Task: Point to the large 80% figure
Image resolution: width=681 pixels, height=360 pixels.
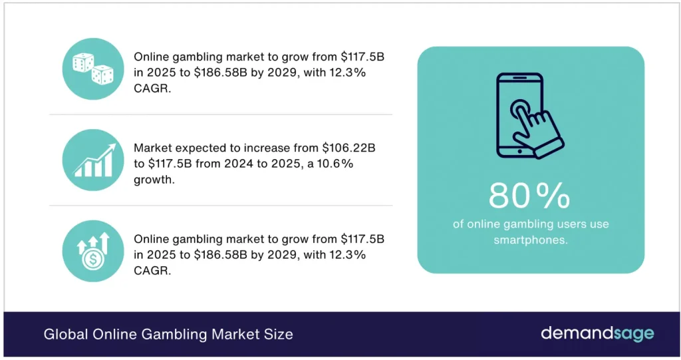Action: tap(529, 195)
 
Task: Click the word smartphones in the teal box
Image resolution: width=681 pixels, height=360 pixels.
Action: tap(530, 240)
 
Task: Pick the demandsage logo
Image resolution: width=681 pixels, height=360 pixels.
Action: tap(597, 333)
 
